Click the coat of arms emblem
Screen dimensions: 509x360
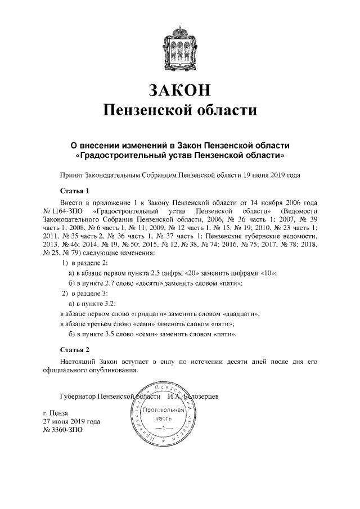[181, 45]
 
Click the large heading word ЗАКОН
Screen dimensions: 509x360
[181, 89]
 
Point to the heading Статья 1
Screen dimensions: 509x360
[74, 190]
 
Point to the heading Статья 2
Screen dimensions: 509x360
[74, 349]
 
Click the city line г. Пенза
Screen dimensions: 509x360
[56, 415]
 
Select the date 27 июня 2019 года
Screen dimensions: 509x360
[72, 422]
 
